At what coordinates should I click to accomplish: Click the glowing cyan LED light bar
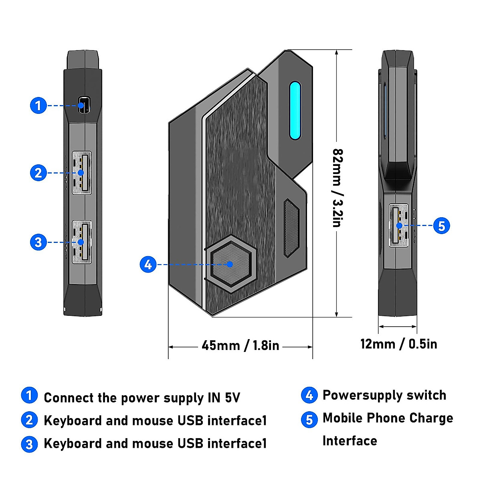295,111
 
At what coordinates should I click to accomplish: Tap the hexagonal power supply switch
230,264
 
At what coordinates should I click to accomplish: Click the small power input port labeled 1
84,105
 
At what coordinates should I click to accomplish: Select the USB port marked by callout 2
81,173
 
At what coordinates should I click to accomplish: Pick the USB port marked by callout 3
81,242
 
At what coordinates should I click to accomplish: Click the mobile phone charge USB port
398,225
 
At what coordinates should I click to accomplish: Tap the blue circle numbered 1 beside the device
38,105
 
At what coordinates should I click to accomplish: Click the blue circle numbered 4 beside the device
148,264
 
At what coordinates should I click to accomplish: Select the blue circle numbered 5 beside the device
441,226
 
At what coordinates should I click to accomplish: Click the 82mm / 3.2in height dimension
338,188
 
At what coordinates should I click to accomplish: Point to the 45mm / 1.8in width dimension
240,346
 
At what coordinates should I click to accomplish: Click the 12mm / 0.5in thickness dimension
398,344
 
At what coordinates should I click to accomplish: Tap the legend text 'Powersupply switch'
384,395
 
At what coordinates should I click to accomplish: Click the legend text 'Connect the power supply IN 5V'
142,398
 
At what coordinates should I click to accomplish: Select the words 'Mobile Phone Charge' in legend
388,418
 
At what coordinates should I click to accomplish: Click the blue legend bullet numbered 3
29,444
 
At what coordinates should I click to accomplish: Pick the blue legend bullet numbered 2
29,420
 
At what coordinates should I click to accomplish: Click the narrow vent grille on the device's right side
291,227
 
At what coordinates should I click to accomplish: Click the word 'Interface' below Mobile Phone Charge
350,441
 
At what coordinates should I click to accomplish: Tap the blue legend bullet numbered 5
309,419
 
